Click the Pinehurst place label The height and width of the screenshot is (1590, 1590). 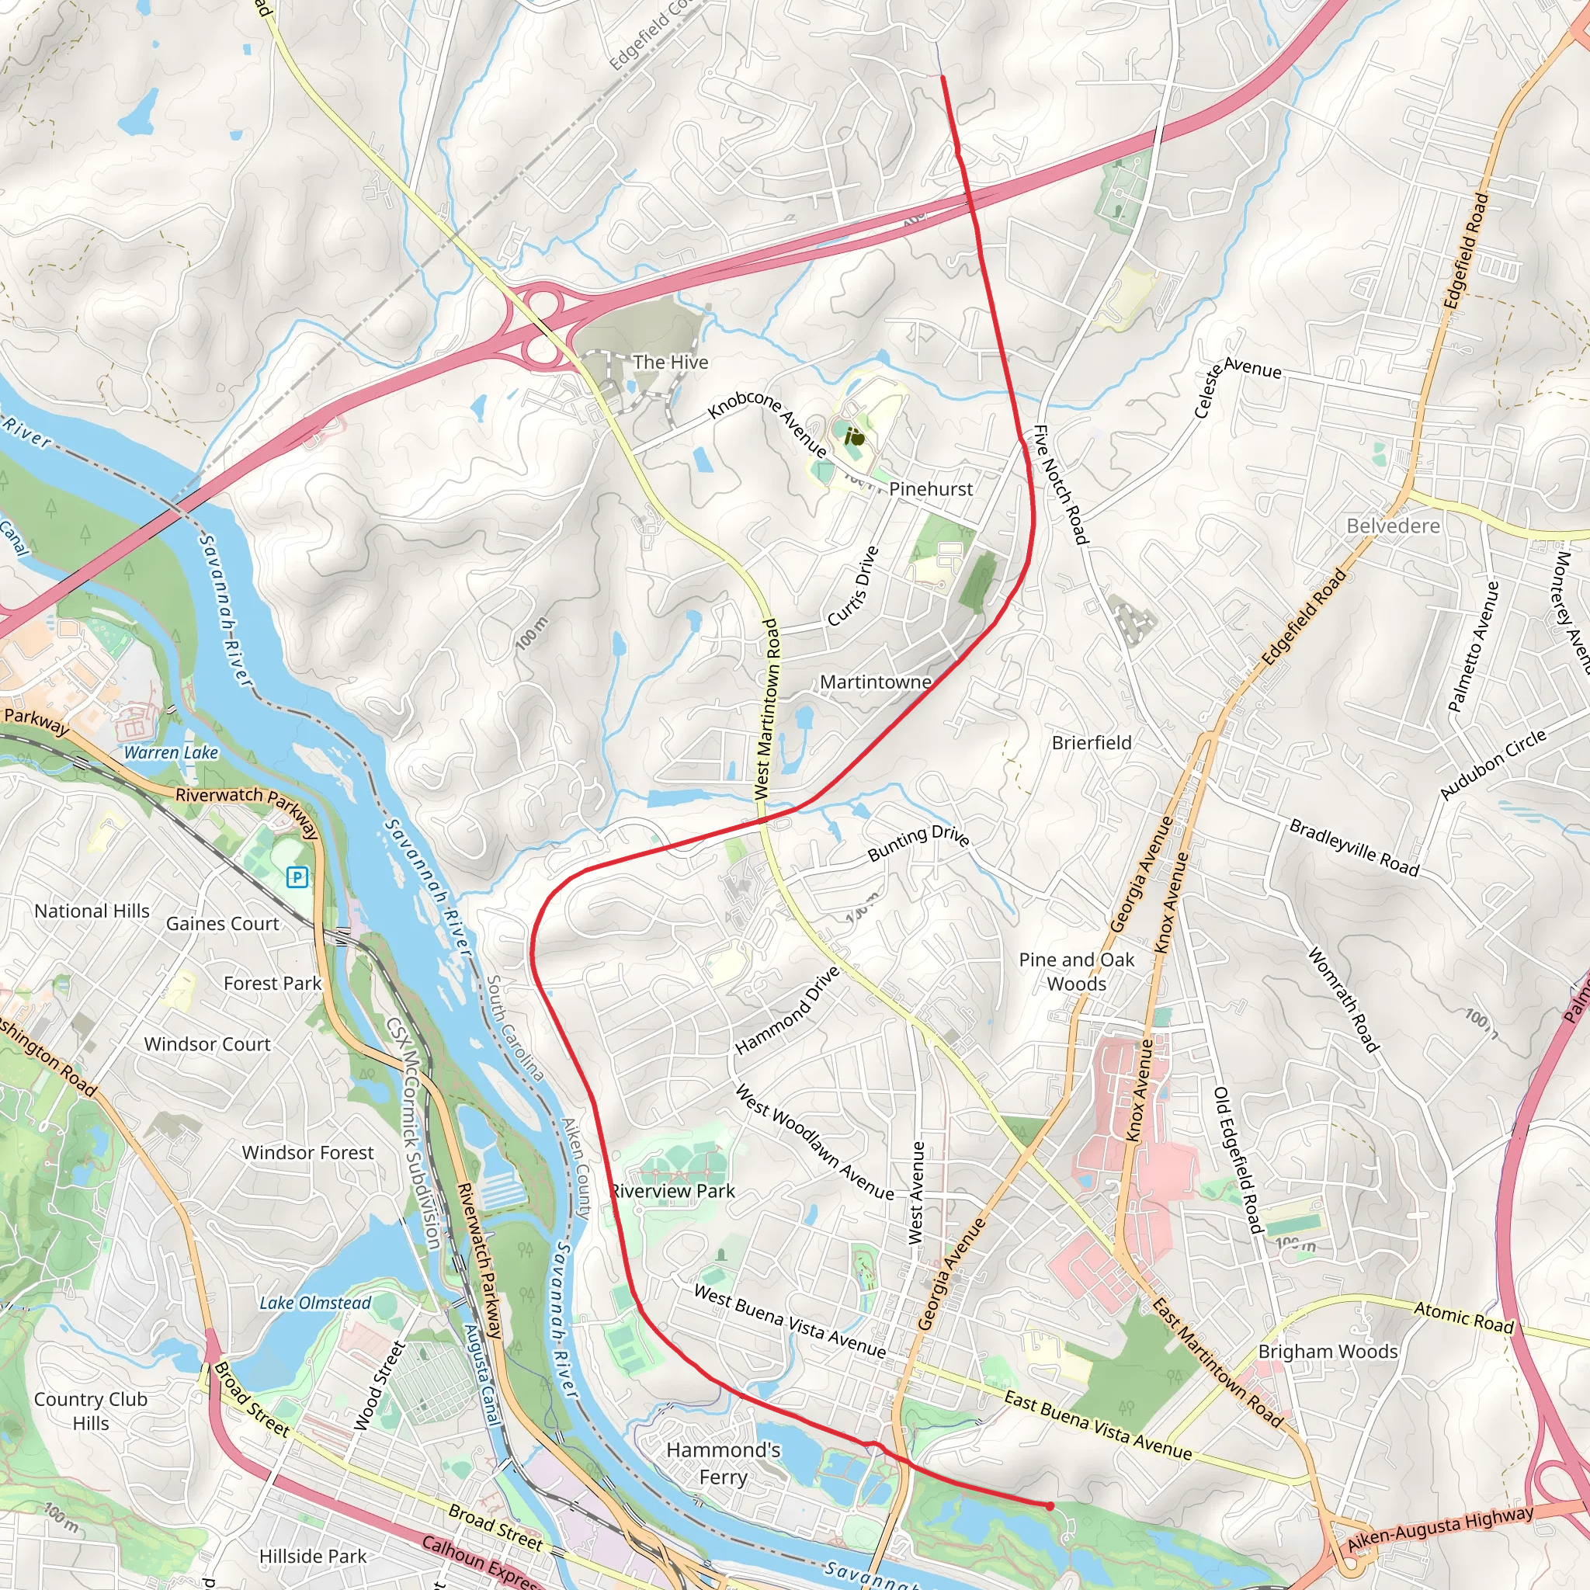tap(930, 489)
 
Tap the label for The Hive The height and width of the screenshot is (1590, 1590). tap(670, 362)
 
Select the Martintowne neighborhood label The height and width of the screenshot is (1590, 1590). tap(876, 682)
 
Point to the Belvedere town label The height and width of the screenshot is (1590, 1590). tap(1393, 526)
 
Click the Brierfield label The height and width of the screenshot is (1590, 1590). tap(1092, 742)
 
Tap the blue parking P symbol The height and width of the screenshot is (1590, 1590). tap(297, 877)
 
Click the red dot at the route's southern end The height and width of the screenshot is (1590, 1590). tap(1050, 1506)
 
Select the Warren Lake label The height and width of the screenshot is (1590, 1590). tap(170, 752)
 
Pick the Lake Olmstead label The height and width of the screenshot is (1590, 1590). tap(315, 1303)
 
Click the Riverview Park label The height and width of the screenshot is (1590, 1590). tap(672, 1191)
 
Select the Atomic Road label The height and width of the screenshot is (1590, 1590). tap(1463, 1317)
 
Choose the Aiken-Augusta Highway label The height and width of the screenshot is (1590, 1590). tap(1440, 1529)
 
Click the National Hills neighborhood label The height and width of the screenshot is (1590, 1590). tap(92, 911)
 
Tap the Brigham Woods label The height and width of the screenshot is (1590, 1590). tap(1328, 1352)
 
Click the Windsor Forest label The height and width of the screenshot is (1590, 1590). tap(307, 1153)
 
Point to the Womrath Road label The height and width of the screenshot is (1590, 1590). tap(1342, 1000)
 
